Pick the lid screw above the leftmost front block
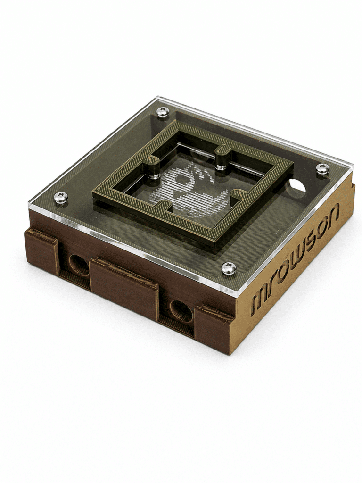coord(61,198)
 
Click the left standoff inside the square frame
coord(154,170)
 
